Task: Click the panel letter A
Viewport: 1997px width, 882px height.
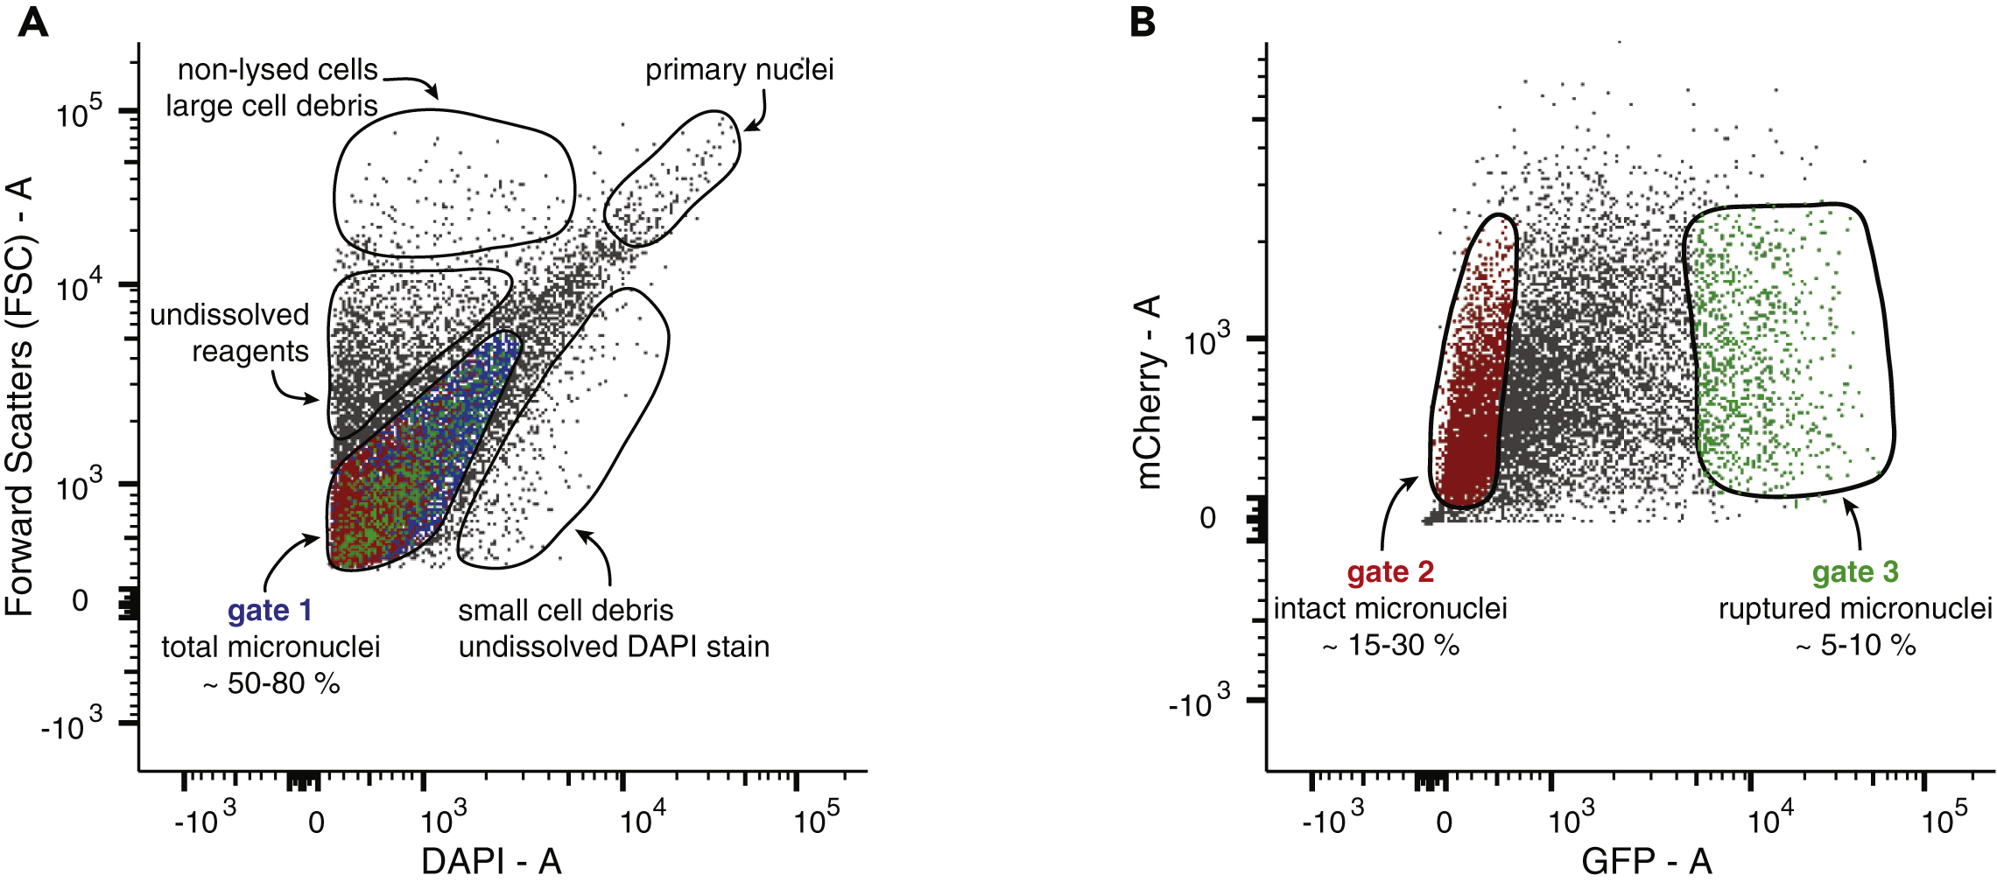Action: (x=33, y=21)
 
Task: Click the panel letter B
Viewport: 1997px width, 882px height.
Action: (x=1143, y=21)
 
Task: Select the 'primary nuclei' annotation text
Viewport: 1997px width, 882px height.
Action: (x=739, y=70)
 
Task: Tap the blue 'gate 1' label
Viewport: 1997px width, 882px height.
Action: (x=270, y=610)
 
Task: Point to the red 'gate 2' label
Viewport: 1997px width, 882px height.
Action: (x=1390, y=572)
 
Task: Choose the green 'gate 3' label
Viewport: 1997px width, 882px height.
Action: (x=1855, y=572)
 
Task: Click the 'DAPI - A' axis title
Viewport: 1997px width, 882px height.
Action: (x=491, y=861)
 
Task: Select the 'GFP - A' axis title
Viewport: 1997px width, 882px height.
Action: (x=1646, y=861)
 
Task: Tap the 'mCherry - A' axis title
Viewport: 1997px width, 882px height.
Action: (x=1148, y=391)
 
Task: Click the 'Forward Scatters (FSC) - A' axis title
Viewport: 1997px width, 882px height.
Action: (x=19, y=396)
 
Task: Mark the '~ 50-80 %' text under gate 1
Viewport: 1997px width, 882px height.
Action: (x=271, y=683)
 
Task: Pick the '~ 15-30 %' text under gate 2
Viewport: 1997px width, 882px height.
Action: (x=1390, y=646)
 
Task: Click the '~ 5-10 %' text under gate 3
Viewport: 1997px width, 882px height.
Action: (x=1855, y=646)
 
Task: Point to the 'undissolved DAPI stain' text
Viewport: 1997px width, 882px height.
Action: (x=614, y=647)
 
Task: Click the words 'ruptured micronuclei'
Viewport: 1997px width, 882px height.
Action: (x=1855, y=609)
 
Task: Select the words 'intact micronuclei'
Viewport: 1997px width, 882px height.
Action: (x=1390, y=609)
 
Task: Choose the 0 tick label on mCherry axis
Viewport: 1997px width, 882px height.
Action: (x=1207, y=518)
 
